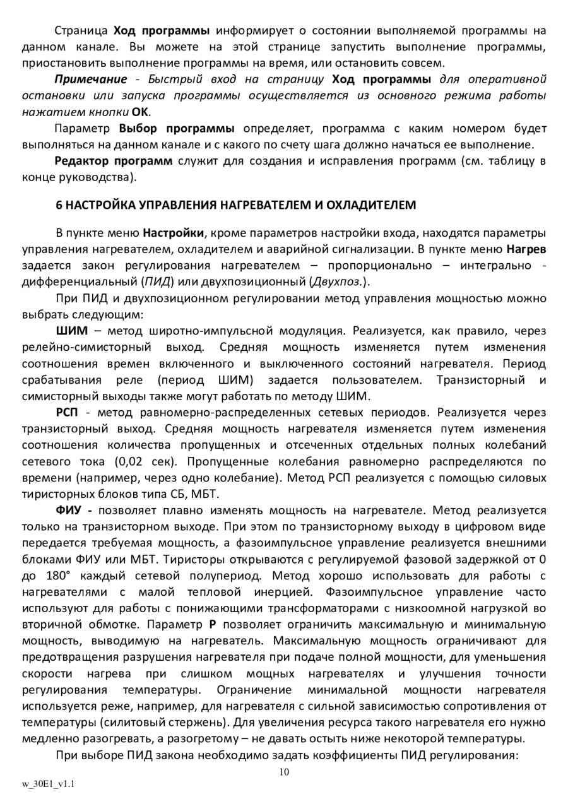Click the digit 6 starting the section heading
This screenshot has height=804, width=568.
pos(59,205)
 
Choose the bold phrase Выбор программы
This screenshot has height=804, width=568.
pos(177,129)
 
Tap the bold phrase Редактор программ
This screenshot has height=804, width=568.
pos(114,162)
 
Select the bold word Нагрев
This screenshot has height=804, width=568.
pos(526,249)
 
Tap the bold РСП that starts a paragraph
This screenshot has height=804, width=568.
pos(68,413)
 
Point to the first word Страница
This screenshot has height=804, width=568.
pos(81,30)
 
